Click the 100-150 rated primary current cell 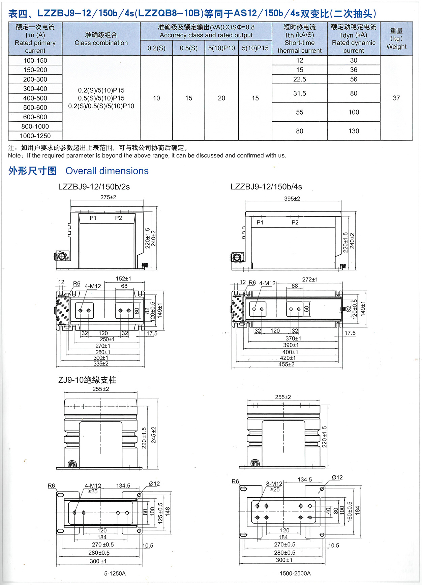coord(35,60)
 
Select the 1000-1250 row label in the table coord(35,136)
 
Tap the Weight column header coord(396,39)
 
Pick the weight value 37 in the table coord(396,98)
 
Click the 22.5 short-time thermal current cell coord(299,79)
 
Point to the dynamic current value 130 coord(354,131)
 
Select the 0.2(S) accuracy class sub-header coord(156,48)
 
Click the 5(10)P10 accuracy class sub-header coord(221,48)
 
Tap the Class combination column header coord(101,39)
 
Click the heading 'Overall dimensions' coord(107,171)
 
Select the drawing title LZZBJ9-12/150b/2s coord(94,187)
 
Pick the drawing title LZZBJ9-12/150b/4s coord(266,187)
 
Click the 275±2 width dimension coord(108,197)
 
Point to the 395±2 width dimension coord(292,199)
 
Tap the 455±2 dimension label coord(287,364)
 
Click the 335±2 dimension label coord(101,364)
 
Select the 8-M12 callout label coord(274,484)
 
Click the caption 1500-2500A coord(295,573)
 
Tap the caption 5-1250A coord(115,573)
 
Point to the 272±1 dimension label coord(310,280)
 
